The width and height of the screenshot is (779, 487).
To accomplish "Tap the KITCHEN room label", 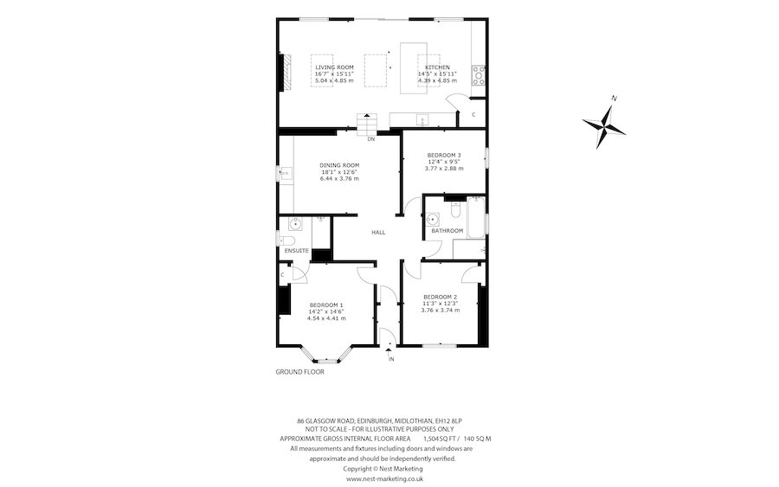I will point(436,67).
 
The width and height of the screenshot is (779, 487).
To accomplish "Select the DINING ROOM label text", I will point(338,165).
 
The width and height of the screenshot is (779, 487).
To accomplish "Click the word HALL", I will point(378,233).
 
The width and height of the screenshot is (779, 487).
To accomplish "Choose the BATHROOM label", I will point(447,231).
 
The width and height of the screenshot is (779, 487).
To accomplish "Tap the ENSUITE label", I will point(296,251).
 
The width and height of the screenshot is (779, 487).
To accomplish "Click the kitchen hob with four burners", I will point(478,74).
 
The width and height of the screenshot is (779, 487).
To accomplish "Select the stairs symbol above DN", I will point(370,122).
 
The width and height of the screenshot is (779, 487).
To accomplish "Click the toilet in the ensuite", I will point(288,240).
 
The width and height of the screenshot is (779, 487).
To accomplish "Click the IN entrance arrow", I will point(389,349).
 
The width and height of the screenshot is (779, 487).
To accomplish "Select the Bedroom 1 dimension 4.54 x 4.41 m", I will point(326,318).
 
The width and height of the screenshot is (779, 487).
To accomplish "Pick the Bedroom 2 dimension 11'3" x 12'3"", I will point(439,304).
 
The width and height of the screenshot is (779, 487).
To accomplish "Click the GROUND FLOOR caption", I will point(299,371).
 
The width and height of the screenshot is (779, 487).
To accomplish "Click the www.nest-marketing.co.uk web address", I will point(384,477).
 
